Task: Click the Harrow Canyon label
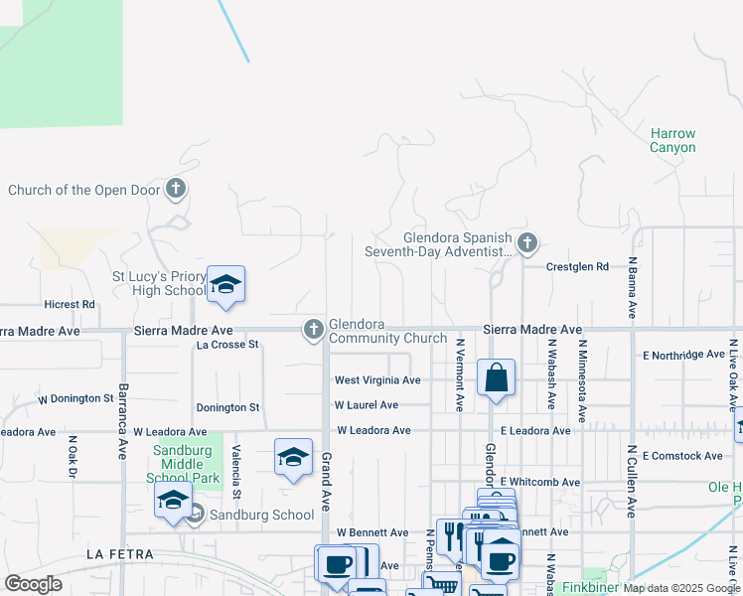(x=672, y=140)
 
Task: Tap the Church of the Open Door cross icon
(x=175, y=188)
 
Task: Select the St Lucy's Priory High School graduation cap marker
(x=225, y=285)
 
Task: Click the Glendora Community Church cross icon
(x=313, y=329)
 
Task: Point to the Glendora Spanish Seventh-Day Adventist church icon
(x=527, y=242)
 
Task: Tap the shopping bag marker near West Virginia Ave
(x=496, y=378)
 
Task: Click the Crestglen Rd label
(x=577, y=266)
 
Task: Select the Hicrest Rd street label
(x=70, y=304)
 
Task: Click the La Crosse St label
(x=227, y=345)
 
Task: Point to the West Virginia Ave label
(x=377, y=380)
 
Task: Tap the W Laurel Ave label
(x=367, y=405)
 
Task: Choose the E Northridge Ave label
(x=683, y=355)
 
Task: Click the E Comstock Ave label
(x=682, y=456)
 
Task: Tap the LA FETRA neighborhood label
(x=120, y=553)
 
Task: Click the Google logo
(x=33, y=584)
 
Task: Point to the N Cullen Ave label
(x=631, y=480)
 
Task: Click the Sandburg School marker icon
(x=196, y=514)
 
